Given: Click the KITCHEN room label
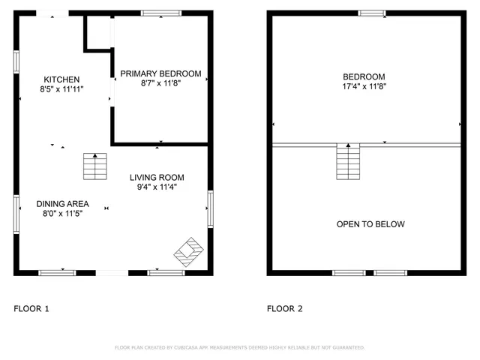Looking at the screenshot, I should click(61, 79).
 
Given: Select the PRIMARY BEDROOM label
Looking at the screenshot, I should click(160, 73).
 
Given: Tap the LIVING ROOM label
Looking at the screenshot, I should click(157, 178).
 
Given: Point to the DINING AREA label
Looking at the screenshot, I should click(63, 203).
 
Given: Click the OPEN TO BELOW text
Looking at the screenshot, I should click(370, 224).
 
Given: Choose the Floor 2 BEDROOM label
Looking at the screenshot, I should click(364, 76).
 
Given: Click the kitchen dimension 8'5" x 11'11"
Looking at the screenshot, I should click(61, 88).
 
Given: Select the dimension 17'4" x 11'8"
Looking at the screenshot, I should click(364, 86).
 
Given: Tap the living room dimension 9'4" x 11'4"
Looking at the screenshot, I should click(157, 187).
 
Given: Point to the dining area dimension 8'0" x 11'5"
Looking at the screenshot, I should click(61, 213).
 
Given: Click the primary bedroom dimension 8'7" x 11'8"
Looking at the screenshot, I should click(160, 83).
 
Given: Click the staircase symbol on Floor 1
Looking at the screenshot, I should click(95, 166).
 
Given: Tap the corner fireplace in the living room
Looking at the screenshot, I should click(188, 251).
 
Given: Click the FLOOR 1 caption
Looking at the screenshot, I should click(31, 308).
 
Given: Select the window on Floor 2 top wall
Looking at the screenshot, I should click(371, 13).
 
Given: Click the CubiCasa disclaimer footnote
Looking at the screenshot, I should click(239, 348).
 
